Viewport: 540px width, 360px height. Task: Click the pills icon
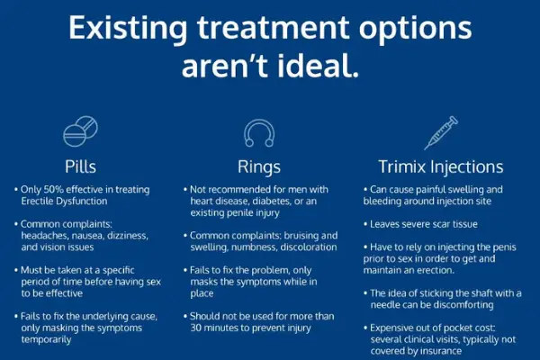click(x=80, y=131)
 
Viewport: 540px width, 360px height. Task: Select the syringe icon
click(x=441, y=133)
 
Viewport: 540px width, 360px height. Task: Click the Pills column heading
click(x=81, y=166)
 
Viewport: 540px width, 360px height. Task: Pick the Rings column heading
click(x=259, y=166)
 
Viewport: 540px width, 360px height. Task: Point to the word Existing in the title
click(x=128, y=28)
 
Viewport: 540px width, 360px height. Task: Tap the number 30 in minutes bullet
click(x=195, y=328)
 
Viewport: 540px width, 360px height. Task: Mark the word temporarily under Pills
click(x=46, y=339)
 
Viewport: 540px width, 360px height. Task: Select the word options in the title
click(x=415, y=28)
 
